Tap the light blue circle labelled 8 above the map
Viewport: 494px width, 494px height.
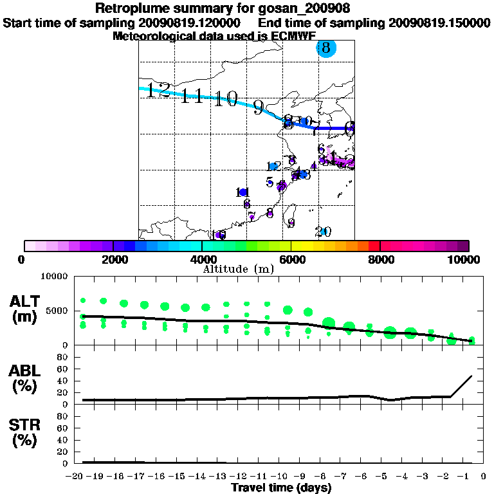pos(326,48)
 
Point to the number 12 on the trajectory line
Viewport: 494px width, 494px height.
pos(158,90)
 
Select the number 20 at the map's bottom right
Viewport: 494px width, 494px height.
pos(323,232)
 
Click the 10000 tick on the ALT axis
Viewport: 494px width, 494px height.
pos(55,277)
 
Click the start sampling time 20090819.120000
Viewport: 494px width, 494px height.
pos(191,23)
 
